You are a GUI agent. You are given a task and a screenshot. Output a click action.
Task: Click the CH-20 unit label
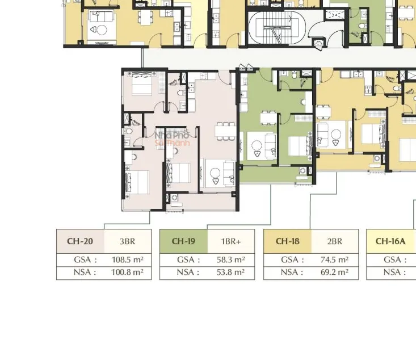point(80,241)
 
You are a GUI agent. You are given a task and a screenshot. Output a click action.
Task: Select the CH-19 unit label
point(183,241)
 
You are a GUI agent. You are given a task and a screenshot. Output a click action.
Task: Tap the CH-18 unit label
point(287,241)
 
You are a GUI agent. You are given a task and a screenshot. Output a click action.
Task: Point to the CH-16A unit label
point(390,241)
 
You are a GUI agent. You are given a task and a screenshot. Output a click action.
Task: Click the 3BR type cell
point(127,241)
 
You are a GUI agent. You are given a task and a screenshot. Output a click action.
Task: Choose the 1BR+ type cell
point(231,241)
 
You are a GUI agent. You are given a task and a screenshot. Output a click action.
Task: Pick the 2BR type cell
point(335,241)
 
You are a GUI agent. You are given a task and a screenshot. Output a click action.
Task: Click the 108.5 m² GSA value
point(127,259)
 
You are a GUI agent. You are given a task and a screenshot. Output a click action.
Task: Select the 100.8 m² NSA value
point(127,272)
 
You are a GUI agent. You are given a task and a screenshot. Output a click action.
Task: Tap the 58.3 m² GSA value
point(230,259)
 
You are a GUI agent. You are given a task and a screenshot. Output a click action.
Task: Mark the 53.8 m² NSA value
point(230,272)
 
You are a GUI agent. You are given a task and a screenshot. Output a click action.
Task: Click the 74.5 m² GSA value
point(334,259)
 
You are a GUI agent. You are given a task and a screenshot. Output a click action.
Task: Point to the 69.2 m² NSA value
point(334,272)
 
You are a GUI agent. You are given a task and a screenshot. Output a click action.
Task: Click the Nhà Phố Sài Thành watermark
point(172,139)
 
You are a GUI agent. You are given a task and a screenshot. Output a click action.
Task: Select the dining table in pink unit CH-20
point(225,131)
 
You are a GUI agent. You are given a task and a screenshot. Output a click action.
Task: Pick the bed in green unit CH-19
point(300,146)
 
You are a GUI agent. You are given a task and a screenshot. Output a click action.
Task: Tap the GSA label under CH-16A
point(395,259)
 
